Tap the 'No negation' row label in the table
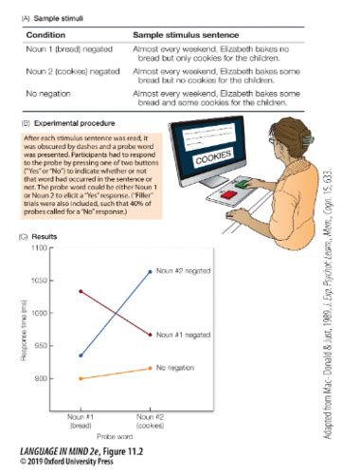pyautogui.click(x=45, y=94)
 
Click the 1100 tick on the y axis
pyautogui.click(x=39, y=247)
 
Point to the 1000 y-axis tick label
pyautogui.click(x=39, y=313)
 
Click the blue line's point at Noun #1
pyautogui.click(x=81, y=355)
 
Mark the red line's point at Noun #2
pyautogui.click(x=150, y=334)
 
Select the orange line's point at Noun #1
pyautogui.click(x=81, y=378)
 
